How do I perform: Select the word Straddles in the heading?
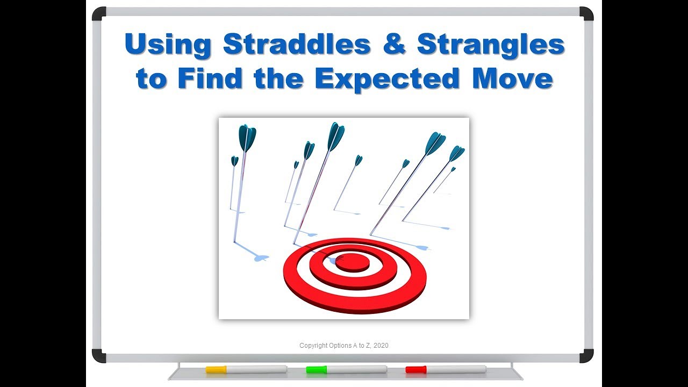point(297,45)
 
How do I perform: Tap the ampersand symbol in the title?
point(394,45)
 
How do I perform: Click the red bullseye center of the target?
point(352,262)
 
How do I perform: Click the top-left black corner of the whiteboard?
point(99,14)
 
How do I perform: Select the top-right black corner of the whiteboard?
point(586,14)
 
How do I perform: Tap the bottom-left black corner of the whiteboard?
point(99,356)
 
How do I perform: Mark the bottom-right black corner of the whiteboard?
point(586,356)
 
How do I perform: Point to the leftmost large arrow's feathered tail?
point(247,137)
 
